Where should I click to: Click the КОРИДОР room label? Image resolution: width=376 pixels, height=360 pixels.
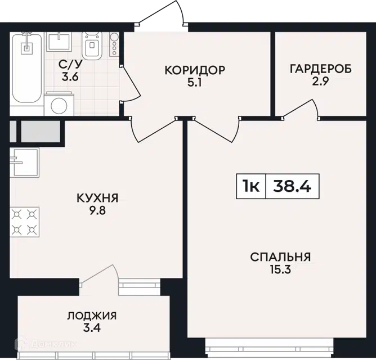coord(195,70)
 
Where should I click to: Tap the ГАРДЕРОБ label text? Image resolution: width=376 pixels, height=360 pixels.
coord(321,69)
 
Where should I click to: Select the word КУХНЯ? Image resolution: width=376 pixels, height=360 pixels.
coord(97,198)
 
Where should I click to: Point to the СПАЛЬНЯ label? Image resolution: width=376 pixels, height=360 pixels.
coord(280,257)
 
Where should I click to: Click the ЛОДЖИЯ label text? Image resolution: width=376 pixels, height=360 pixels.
coord(92,316)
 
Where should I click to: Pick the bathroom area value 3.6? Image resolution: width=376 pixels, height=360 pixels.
coord(70,77)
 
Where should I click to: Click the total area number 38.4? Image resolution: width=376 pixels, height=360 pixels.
coord(292,186)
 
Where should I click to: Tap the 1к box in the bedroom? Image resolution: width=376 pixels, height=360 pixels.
coord(251,186)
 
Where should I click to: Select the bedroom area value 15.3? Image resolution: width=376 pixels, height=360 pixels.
coord(280,270)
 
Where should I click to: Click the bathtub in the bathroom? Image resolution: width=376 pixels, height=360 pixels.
coord(26,69)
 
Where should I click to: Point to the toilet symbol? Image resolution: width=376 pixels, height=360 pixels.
coord(92,46)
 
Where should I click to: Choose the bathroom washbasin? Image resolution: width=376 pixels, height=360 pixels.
coord(59,42)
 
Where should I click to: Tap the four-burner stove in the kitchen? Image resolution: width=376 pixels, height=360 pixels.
coord(24,222)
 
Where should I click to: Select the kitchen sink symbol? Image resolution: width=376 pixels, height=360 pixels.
coord(24,163)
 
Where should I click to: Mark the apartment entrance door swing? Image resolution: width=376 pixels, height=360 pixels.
coord(162,15)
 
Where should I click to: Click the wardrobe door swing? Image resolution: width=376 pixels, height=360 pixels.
coord(300,109)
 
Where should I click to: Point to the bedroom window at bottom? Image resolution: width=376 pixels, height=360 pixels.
coord(270,349)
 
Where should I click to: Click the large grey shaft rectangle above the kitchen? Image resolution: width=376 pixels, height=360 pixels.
coord(41,132)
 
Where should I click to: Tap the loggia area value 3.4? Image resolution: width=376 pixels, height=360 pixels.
coord(92,328)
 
